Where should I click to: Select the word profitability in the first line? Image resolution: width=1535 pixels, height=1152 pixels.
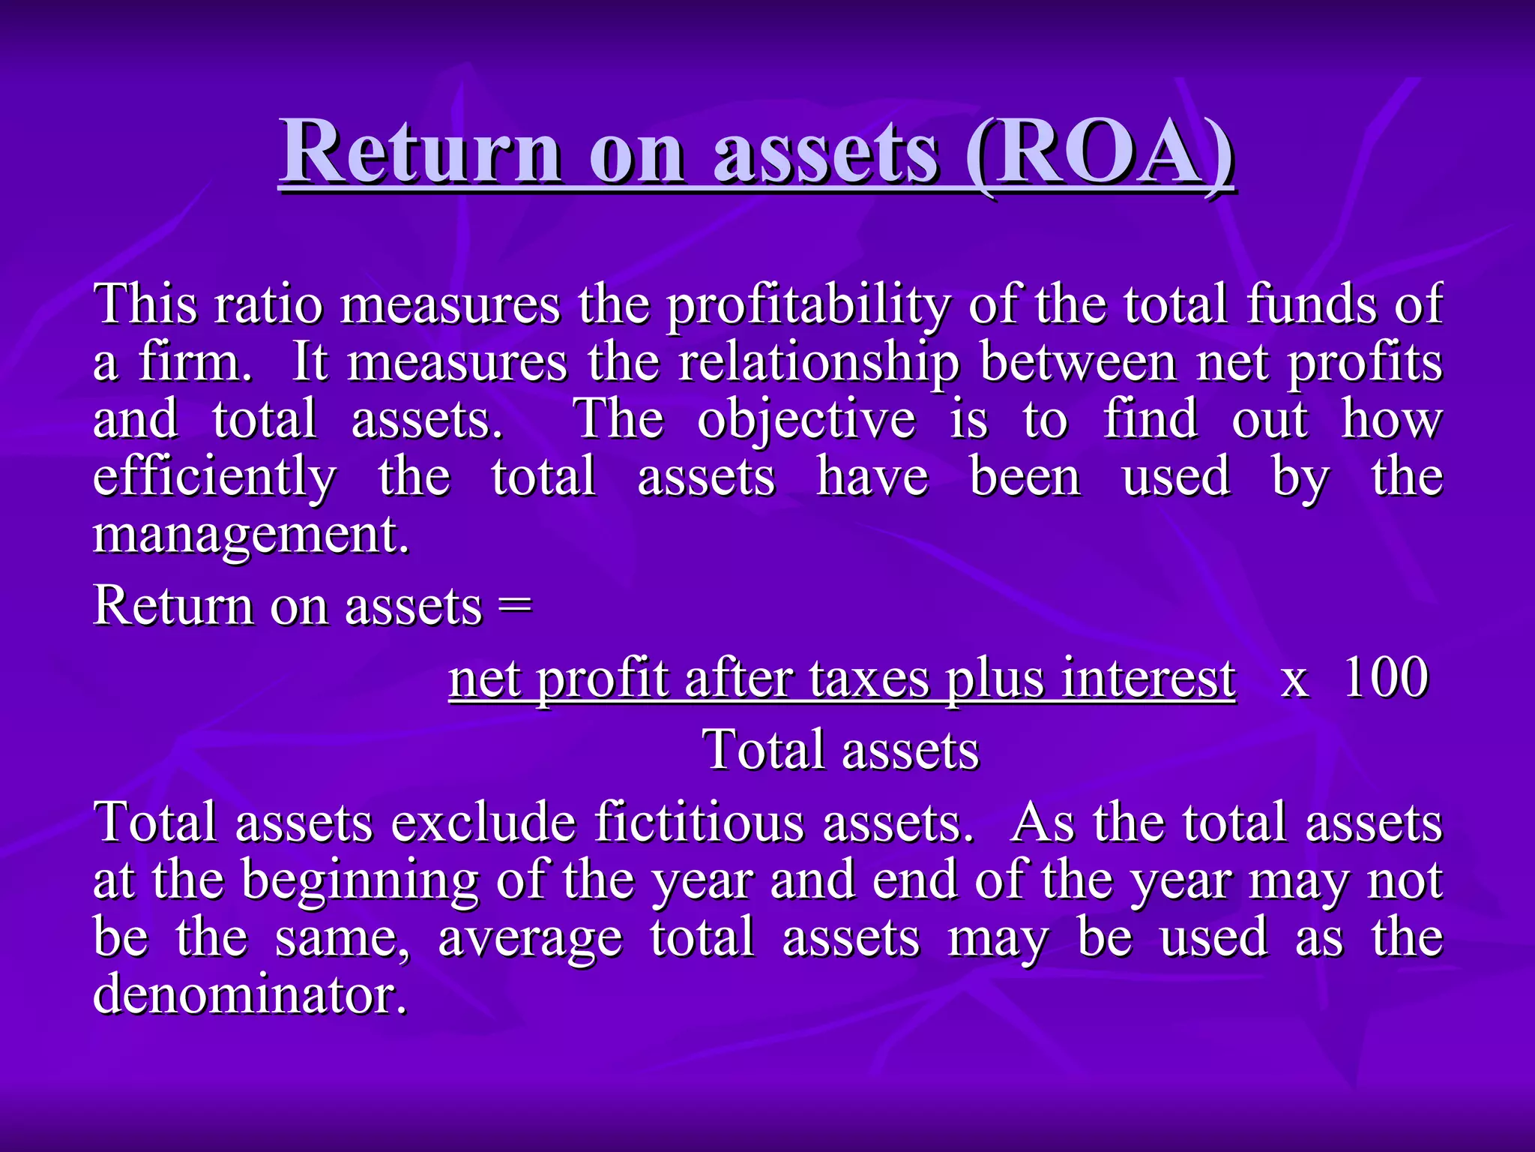(x=809, y=305)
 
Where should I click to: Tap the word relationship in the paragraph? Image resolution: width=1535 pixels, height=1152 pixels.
(x=818, y=363)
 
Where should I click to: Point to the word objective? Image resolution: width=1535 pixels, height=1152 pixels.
(x=806, y=420)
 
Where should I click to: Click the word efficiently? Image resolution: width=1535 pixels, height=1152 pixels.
(x=215, y=478)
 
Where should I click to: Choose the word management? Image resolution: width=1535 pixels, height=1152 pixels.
(x=252, y=535)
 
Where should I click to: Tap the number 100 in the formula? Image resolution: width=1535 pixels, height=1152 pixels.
(x=1385, y=677)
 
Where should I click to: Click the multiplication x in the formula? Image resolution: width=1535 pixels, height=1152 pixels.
(x=1295, y=681)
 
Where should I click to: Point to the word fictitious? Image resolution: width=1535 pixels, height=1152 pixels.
(x=699, y=822)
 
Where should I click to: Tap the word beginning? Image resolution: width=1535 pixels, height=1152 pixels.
(x=360, y=880)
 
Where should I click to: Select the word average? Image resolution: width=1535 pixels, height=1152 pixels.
(x=530, y=939)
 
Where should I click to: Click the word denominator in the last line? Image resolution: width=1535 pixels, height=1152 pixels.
(x=250, y=994)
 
